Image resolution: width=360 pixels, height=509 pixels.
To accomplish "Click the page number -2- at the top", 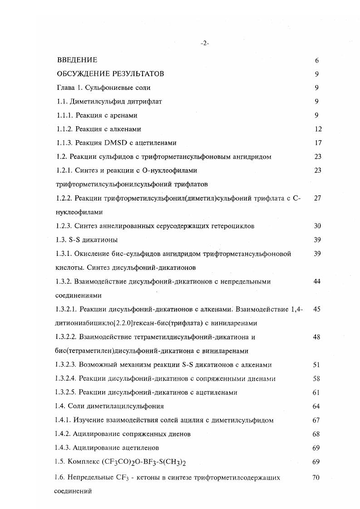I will click(204, 44).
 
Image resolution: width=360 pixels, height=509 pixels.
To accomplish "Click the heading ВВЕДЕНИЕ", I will click(77, 60).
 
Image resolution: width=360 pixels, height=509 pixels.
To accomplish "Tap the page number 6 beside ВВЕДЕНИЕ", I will click(316, 60).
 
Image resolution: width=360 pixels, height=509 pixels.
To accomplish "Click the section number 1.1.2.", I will click(64, 129).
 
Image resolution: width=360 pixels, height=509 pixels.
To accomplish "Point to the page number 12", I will click(318, 129).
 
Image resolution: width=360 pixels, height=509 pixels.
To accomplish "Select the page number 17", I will click(318, 143).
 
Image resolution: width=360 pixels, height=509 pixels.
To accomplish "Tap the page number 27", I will click(317, 198).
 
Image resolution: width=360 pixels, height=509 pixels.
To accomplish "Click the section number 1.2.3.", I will click(64, 226).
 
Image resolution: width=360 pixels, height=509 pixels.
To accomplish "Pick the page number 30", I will click(317, 226).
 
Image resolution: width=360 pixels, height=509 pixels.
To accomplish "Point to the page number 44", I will click(317, 281).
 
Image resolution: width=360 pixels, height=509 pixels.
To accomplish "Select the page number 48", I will click(317, 337).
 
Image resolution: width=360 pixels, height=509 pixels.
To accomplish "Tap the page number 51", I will click(317, 365).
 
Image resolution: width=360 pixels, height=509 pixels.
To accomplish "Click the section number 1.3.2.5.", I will click(68, 392).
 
